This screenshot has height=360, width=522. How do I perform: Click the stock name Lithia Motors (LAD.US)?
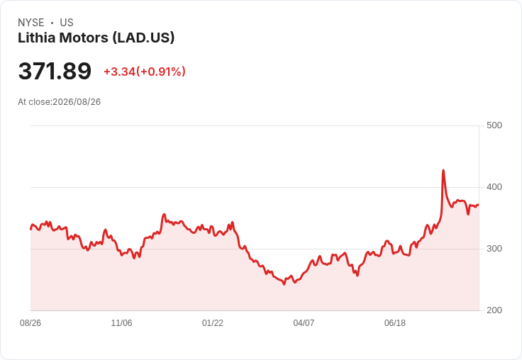[96, 38]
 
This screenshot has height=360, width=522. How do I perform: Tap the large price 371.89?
[55, 71]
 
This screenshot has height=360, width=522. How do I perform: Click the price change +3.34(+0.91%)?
[145, 72]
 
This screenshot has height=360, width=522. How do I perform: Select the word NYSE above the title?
[31, 23]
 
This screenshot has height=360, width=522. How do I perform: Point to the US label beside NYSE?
[67, 23]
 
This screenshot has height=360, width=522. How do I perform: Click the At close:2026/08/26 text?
[60, 102]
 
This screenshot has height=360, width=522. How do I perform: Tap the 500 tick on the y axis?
[494, 125]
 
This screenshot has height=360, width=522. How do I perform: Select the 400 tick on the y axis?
[494, 187]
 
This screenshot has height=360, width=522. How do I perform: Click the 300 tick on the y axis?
[494, 249]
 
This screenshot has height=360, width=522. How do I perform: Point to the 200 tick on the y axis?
[494, 310]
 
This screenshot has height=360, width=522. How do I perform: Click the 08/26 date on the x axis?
[30, 322]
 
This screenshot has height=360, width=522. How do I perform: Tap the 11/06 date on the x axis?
[121, 322]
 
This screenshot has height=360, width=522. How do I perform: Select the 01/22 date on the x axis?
[212, 322]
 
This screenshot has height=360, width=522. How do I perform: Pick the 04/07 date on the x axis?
[304, 322]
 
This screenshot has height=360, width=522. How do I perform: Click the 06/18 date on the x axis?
[395, 322]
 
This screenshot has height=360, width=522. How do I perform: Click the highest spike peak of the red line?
[443, 170]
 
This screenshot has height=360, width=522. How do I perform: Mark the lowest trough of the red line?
[284, 284]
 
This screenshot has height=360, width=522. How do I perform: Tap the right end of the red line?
[479, 205]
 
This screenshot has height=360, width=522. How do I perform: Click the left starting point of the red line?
[30, 229]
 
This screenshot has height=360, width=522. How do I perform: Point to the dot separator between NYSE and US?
[52, 23]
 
